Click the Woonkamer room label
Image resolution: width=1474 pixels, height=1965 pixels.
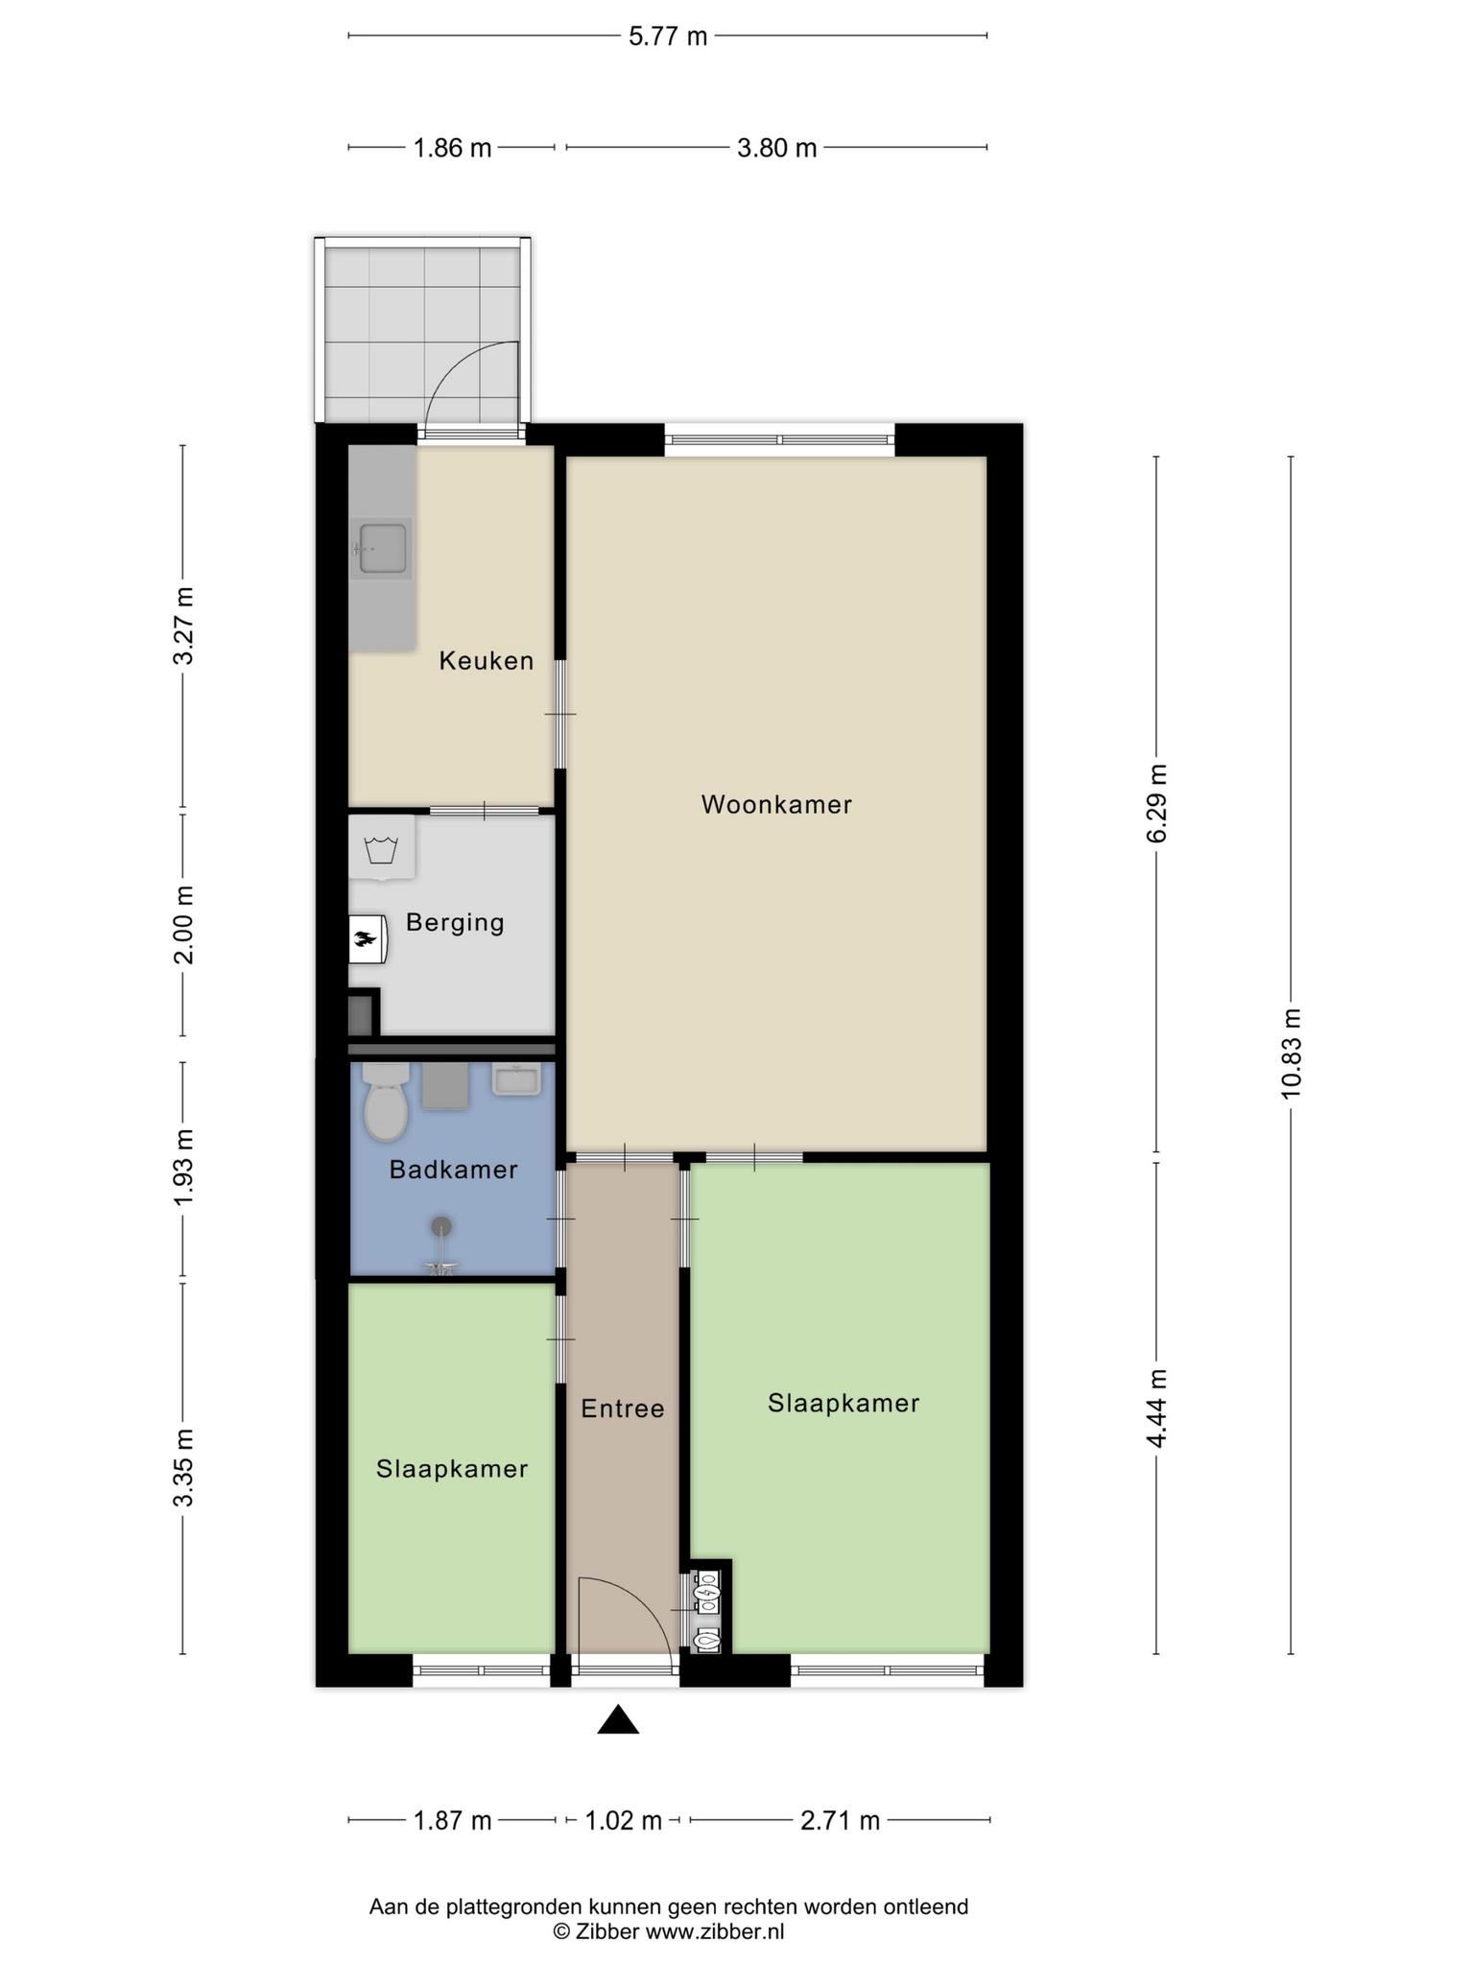click(x=776, y=804)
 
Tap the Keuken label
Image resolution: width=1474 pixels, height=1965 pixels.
click(x=487, y=660)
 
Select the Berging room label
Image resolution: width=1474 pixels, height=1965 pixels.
click(x=455, y=923)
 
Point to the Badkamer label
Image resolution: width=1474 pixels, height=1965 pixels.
click(x=453, y=1170)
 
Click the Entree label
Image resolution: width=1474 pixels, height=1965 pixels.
click(x=623, y=1409)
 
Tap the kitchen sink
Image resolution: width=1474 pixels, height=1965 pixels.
click(x=381, y=548)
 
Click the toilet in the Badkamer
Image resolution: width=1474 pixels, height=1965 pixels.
click(x=386, y=1102)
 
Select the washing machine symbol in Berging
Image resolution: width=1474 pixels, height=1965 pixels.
click(x=381, y=849)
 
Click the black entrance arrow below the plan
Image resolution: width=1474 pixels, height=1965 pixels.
click(x=618, y=1720)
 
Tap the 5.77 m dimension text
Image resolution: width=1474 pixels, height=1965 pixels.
click(x=668, y=36)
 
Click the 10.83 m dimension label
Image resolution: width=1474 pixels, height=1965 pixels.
click(x=1291, y=1054)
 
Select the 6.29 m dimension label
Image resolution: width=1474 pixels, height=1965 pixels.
click(x=1157, y=804)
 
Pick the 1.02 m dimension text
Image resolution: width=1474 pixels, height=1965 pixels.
click(x=624, y=1819)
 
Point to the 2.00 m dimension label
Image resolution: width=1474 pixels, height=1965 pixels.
click(x=183, y=925)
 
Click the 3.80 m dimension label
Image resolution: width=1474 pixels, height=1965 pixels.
click(x=777, y=148)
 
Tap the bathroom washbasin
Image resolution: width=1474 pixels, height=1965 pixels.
click(x=517, y=1078)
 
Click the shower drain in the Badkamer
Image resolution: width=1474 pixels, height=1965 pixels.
click(x=441, y=1225)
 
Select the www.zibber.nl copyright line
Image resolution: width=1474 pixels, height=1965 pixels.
click(x=668, y=1932)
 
